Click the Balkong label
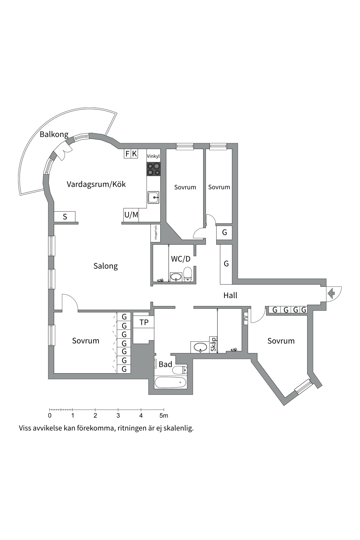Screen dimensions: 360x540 (x=54, y=134)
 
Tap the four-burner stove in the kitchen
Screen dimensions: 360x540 (x=154, y=169)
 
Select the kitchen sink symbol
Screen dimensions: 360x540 (x=154, y=197)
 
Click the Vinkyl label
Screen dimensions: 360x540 (x=153, y=156)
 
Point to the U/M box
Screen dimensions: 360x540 (x=131, y=215)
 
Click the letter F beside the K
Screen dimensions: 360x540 (x=127, y=154)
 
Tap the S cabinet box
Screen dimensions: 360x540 (x=65, y=217)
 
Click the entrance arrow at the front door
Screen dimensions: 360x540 (x=331, y=294)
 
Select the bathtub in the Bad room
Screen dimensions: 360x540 (x=170, y=382)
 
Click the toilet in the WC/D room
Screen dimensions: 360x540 (x=188, y=274)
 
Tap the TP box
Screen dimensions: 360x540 (x=144, y=322)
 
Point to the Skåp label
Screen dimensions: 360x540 (x=213, y=345)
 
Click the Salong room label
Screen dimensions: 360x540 (x=105, y=266)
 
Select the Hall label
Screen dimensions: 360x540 (x=230, y=295)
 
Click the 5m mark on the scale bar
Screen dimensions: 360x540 (x=164, y=416)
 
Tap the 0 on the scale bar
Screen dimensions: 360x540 (x=50, y=416)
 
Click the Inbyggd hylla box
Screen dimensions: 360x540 (x=156, y=233)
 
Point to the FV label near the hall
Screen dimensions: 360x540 (x=246, y=318)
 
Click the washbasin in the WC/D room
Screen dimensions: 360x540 (x=176, y=276)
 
